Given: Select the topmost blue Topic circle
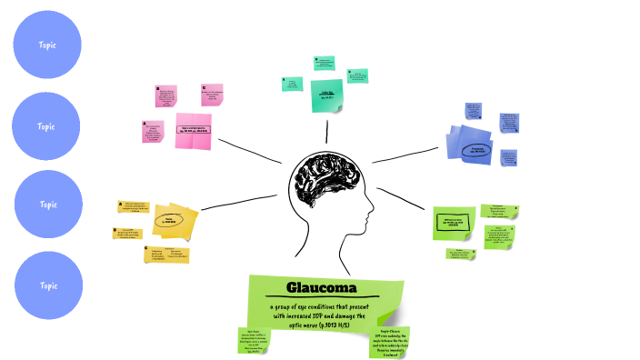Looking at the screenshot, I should click(x=47, y=45).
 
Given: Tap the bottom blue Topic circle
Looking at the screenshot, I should click(x=47, y=285).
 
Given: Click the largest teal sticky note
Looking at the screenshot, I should click(x=327, y=95).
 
